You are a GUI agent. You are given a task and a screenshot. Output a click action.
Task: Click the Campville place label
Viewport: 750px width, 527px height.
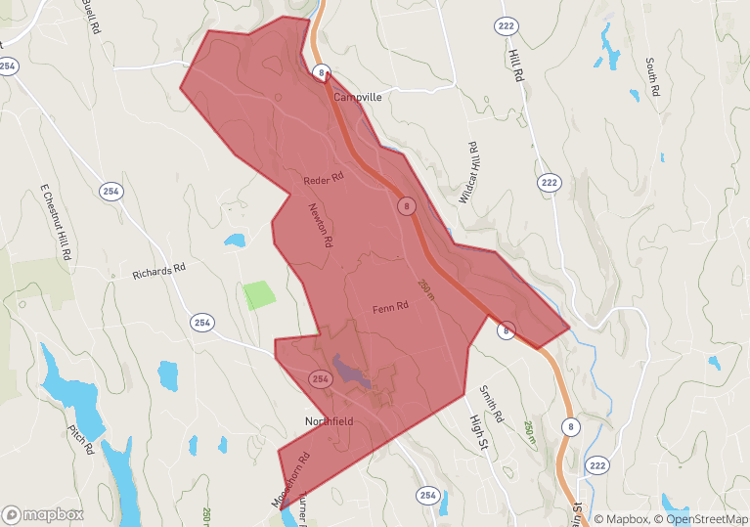tap(356, 98)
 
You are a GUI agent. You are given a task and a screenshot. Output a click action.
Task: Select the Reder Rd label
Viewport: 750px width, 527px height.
tap(324, 180)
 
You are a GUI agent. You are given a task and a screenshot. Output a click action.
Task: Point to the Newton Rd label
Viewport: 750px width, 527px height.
tap(321, 224)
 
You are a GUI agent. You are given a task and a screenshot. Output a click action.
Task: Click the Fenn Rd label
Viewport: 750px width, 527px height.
tap(389, 308)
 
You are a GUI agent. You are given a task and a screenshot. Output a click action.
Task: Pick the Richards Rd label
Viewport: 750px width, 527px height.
tap(158, 271)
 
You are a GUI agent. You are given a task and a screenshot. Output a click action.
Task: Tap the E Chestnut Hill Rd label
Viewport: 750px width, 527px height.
tap(57, 221)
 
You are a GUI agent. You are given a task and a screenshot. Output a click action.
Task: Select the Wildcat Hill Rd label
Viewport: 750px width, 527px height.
tap(472, 172)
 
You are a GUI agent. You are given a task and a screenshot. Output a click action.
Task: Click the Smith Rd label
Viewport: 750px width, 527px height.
tap(490, 404)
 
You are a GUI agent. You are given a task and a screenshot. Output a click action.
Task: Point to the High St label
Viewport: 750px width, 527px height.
tap(478, 426)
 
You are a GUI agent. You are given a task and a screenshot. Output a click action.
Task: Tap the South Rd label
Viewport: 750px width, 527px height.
tap(652, 78)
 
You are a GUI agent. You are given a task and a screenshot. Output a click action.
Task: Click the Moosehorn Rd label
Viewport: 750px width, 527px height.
tap(290, 479)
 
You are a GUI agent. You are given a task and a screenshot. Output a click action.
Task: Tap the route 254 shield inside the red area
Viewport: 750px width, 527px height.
tap(320, 377)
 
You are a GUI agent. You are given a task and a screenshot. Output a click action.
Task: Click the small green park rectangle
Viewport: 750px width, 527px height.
tap(259, 294)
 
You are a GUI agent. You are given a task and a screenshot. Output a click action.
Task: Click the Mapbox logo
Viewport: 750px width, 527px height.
tap(43, 514)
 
